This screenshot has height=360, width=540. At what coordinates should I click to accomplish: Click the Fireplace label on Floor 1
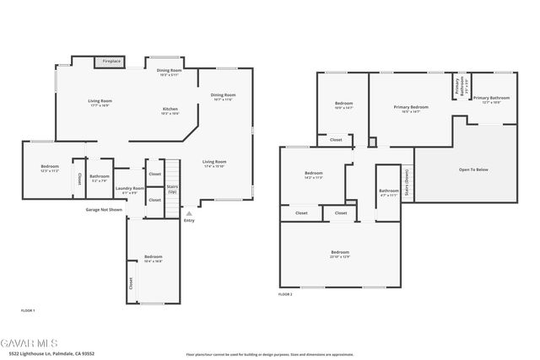(x=111, y=62)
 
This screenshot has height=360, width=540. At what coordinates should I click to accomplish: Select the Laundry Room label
(x=129, y=188)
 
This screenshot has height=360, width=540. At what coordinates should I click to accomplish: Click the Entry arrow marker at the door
(x=188, y=214)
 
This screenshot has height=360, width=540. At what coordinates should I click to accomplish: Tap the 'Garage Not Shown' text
(x=104, y=209)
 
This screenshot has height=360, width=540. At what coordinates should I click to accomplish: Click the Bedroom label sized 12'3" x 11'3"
(x=50, y=167)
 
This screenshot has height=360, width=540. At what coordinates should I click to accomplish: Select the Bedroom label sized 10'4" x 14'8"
(x=153, y=257)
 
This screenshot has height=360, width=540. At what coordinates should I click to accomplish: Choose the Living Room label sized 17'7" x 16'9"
(x=100, y=101)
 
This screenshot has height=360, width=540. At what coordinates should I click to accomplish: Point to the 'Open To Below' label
(x=473, y=169)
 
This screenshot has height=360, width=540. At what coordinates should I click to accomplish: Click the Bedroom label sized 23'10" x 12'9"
(x=340, y=252)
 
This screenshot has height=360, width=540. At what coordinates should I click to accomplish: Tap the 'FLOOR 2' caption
(x=285, y=294)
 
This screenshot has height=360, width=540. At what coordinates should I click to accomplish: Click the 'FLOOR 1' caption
(x=28, y=311)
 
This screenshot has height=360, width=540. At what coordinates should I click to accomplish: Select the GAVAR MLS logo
(x=30, y=345)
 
